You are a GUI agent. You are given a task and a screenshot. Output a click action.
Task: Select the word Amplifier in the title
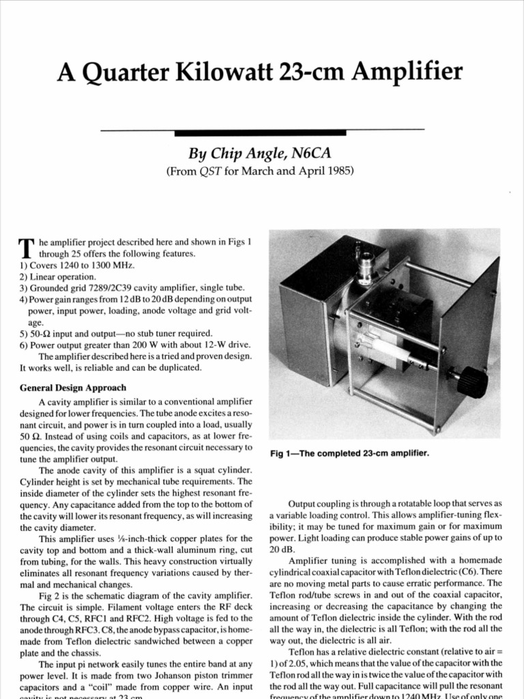coord(409,72)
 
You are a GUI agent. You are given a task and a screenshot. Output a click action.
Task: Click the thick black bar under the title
coord(262,131)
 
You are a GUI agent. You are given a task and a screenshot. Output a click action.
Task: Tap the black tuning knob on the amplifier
coord(471,382)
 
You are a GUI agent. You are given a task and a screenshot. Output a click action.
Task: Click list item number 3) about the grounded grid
coord(25,288)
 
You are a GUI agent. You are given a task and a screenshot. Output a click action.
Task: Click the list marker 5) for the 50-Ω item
coord(25,334)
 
